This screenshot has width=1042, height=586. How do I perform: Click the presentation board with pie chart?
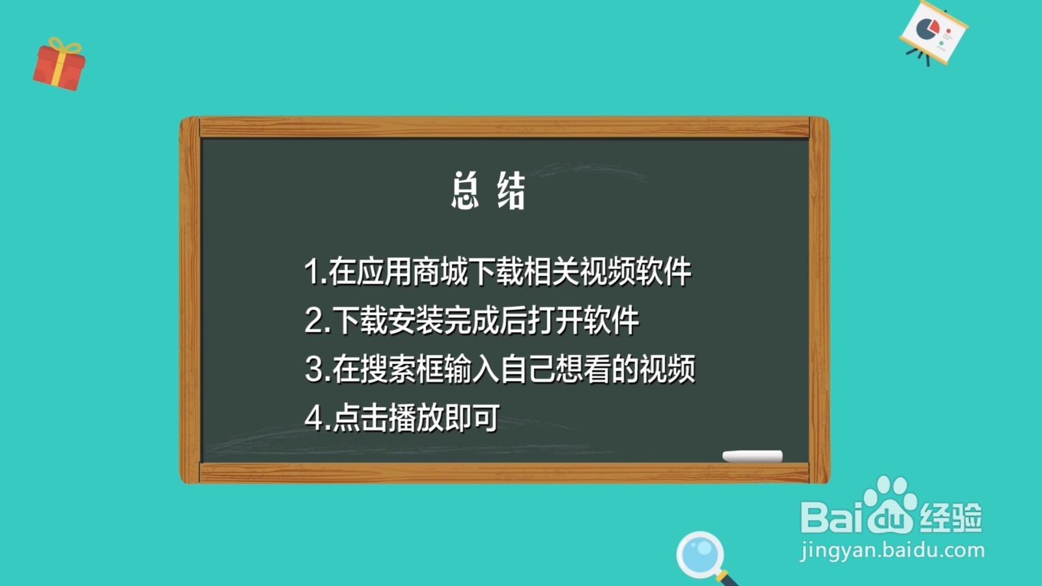point(933,33)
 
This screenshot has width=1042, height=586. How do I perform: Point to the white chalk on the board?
point(752,456)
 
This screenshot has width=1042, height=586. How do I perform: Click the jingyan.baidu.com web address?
point(892,551)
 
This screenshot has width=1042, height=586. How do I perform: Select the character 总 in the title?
point(465,191)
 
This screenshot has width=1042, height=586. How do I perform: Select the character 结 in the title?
point(511,191)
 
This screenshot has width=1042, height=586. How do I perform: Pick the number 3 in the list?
point(314,369)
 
